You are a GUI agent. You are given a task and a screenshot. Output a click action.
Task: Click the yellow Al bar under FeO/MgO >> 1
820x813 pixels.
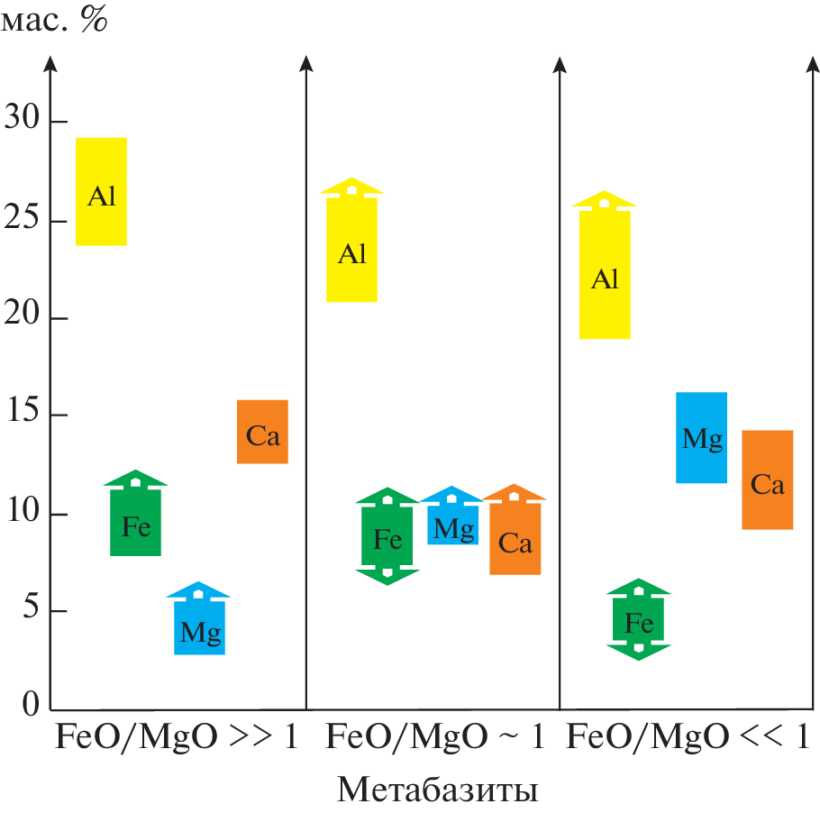pyautogui.click(x=101, y=191)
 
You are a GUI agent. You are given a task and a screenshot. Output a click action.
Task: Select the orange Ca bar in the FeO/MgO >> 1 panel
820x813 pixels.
pyautogui.click(x=262, y=432)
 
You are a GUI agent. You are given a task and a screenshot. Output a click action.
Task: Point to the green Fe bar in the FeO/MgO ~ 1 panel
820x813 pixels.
pyautogui.click(x=387, y=537)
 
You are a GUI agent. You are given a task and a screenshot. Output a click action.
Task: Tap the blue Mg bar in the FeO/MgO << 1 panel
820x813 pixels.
pyautogui.click(x=702, y=437)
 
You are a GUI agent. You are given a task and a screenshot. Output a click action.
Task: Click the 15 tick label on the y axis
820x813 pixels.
pyautogui.click(x=23, y=415)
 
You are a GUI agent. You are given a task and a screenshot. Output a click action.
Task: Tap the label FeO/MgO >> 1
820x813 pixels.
pyautogui.click(x=177, y=737)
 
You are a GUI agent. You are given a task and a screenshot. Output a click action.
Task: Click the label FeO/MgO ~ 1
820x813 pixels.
pyautogui.click(x=434, y=737)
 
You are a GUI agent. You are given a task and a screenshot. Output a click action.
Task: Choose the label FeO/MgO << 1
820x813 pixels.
pyautogui.click(x=688, y=737)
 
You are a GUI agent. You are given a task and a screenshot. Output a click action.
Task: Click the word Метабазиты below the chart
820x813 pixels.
pyautogui.click(x=438, y=790)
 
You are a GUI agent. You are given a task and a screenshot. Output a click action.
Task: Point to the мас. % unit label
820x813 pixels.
pyautogui.click(x=54, y=20)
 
